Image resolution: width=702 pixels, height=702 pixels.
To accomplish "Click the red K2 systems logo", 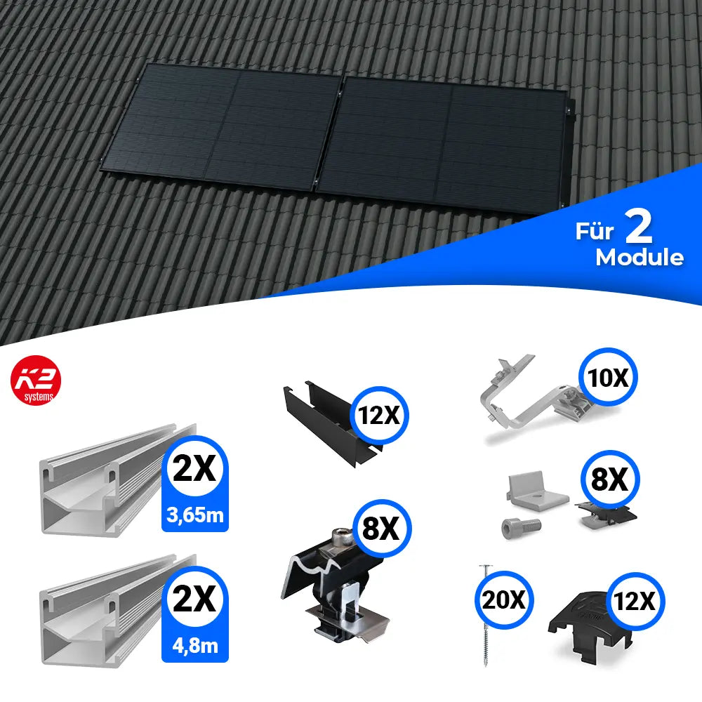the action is (36, 380).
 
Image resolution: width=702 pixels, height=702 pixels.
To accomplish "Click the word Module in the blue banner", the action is (640, 258).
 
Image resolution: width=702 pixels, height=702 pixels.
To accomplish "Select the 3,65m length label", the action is (195, 515).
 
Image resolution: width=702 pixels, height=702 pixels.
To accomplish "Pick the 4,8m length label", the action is (195, 646).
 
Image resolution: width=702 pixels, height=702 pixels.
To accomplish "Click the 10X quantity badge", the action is (608, 377).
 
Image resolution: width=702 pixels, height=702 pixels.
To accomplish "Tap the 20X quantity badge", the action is (504, 600).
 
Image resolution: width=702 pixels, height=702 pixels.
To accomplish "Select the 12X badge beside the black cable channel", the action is (380, 416).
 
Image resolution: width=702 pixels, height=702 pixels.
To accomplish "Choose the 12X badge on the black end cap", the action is (635, 601).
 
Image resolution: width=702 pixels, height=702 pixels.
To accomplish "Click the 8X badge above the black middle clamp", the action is (381, 529).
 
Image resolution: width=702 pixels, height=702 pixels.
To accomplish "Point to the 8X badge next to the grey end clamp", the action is (610, 479).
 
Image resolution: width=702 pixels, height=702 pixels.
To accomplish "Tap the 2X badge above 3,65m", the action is (195, 469).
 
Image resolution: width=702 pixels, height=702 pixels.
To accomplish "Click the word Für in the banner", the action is (594, 231).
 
